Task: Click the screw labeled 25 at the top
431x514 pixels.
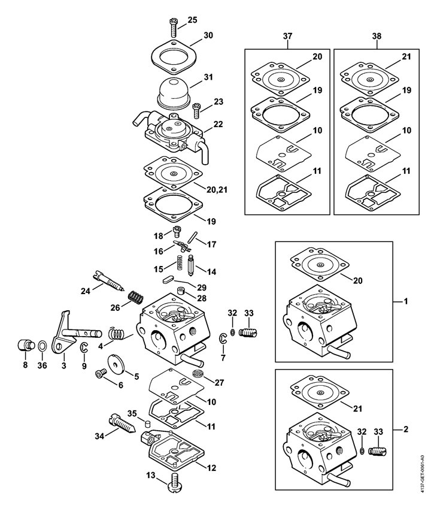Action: coord(173,28)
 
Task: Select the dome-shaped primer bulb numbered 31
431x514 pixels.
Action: coord(173,92)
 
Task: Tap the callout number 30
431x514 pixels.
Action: coord(208,35)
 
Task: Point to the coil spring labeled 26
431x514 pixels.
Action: coord(135,297)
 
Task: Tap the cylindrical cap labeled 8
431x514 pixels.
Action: coord(25,346)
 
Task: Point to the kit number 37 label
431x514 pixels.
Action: coord(287,36)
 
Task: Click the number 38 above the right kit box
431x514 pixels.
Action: coord(377,36)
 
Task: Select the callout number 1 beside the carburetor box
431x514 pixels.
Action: coord(406,301)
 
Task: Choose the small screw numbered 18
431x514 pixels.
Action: coord(177,231)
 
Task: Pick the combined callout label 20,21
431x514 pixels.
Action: coord(217,190)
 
